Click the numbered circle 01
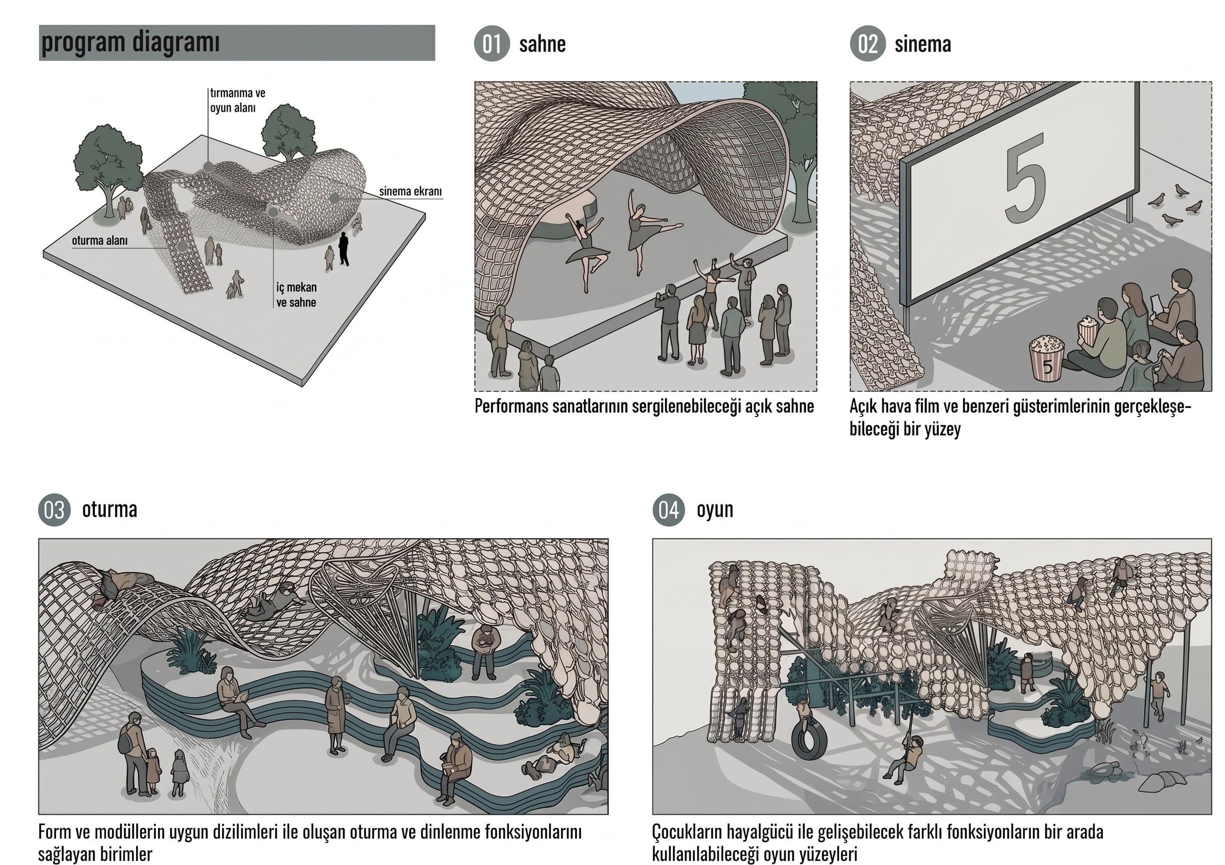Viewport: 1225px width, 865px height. click(491, 43)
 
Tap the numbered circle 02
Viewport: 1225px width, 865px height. click(868, 43)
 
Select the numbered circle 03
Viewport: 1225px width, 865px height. click(55, 510)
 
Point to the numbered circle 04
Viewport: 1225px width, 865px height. click(669, 510)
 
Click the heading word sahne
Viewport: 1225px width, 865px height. click(542, 44)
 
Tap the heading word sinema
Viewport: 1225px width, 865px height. click(922, 44)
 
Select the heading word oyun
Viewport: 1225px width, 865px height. click(715, 510)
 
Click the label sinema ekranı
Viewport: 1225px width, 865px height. click(410, 191)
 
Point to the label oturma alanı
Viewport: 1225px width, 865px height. click(100, 240)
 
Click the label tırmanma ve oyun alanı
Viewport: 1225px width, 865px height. click(237, 100)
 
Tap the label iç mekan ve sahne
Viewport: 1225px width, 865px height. click(296, 294)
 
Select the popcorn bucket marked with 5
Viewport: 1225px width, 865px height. click(1046, 357)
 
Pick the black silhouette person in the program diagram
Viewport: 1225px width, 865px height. click(344, 249)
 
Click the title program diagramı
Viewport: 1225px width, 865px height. click(130, 42)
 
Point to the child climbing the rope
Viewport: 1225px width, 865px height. click(905, 758)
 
